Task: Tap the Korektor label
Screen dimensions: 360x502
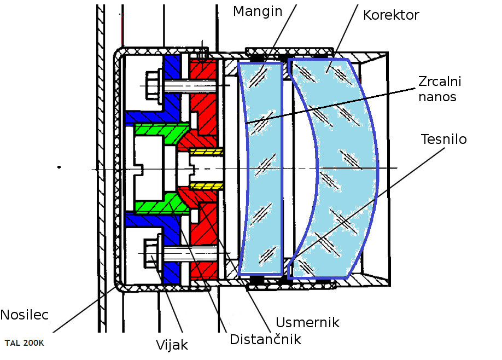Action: (391, 15)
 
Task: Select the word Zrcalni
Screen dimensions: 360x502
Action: (440, 82)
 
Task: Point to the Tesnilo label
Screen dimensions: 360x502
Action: (444, 139)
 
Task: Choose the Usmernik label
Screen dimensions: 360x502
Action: (307, 322)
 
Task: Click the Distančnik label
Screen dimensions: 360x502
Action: (265, 339)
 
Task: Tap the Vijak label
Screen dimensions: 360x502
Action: (172, 345)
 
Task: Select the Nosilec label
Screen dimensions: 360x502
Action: (25, 315)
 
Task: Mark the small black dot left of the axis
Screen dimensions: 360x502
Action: (59, 167)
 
